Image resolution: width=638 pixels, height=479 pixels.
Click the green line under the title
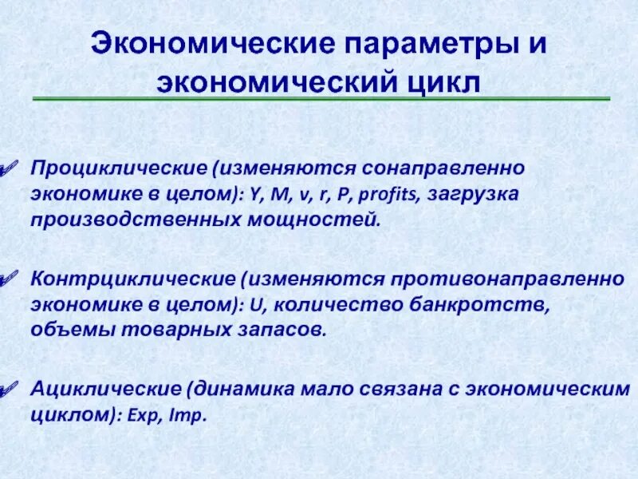point(321,99)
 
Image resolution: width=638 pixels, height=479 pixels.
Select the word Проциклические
point(96,169)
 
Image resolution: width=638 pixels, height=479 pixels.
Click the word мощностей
point(319,219)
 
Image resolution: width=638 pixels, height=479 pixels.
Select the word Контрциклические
point(108,280)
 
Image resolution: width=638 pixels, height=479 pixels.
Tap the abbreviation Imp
point(189,416)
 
